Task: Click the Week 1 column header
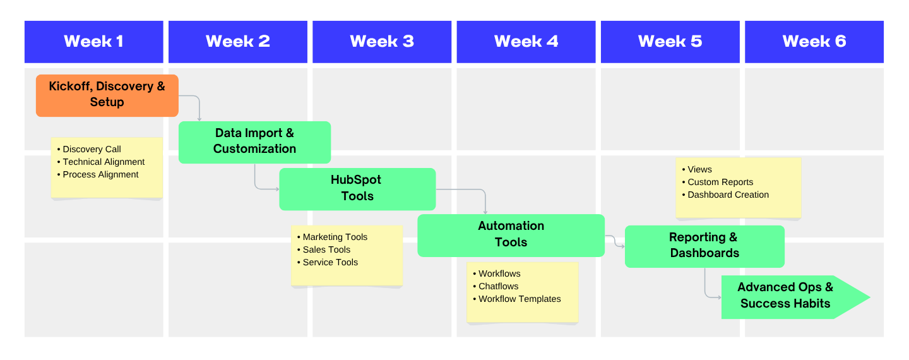(x=93, y=42)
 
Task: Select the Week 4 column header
(x=526, y=42)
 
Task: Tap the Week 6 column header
(x=814, y=42)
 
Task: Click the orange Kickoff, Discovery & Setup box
(x=107, y=95)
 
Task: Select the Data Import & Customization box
(x=254, y=141)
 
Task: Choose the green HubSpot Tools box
(x=357, y=188)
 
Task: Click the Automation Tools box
(x=511, y=234)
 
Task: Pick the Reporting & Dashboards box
(x=704, y=246)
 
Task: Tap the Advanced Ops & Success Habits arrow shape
(x=786, y=296)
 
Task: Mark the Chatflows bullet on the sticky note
(x=498, y=287)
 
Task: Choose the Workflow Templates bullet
(x=519, y=299)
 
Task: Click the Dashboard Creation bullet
(x=728, y=195)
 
